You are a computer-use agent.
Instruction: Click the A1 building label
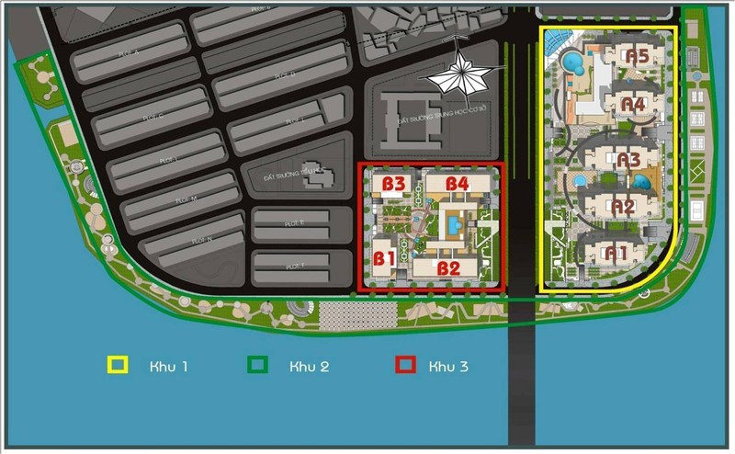(x=615, y=250)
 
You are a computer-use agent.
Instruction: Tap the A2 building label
(x=623, y=207)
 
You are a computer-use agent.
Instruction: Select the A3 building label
(x=628, y=160)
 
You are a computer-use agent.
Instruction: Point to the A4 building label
(x=633, y=104)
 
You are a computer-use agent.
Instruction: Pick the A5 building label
(x=637, y=56)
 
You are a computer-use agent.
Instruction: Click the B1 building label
(x=384, y=258)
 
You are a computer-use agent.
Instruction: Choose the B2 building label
(x=448, y=268)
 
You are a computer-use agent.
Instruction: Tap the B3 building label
(x=394, y=184)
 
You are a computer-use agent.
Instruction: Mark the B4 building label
(x=458, y=184)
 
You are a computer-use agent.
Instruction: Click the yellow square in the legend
(x=118, y=365)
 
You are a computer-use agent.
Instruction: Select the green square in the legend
(x=258, y=365)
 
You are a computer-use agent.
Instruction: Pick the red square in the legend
(x=403, y=365)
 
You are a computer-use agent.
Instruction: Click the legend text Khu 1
(x=169, y=367)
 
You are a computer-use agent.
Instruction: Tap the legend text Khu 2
(x=309, y=367)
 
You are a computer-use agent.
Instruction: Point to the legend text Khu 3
(x=448, y=367)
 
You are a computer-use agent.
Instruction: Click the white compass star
(x=457, y=74)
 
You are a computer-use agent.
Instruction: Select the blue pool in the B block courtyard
(x=454, y=223)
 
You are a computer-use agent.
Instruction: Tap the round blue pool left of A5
(x=572, y=63)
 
